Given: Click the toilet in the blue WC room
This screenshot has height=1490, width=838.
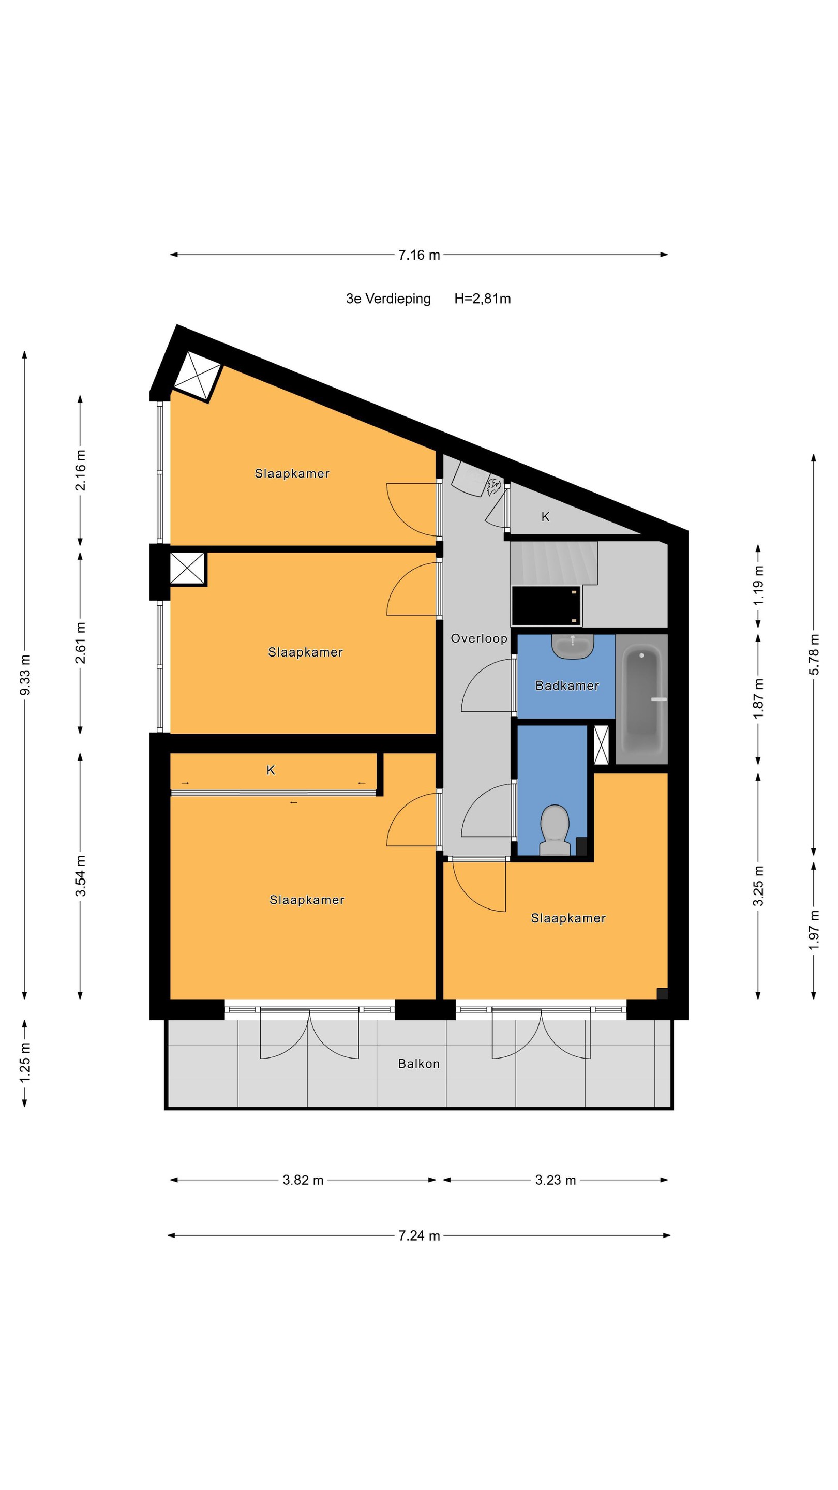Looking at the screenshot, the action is pyautogui.click(x=555, y=830).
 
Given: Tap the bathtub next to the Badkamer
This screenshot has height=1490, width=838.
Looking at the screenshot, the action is pyautogui.click(x=641, y=699).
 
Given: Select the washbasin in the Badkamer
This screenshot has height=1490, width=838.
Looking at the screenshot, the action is pyautogui.click(x=573, y=646).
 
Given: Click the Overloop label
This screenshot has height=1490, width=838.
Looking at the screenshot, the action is pyautogui.click(x=479, y=638).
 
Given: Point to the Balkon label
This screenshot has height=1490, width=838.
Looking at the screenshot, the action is pyautogui.click(x=418, y=1064).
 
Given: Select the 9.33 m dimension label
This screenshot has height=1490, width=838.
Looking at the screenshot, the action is pyautogui.click(x=25, y=676).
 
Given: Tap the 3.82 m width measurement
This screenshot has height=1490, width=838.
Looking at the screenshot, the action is pyautogui.click(x=303, y=1180).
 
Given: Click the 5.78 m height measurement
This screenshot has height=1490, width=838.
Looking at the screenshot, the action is pyautogui.click(x=814, y=654).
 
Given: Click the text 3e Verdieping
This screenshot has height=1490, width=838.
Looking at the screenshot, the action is pyautogui.click(x=388, y=299).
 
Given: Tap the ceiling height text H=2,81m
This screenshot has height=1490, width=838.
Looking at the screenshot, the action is pyautogui.click(x=482, y=299).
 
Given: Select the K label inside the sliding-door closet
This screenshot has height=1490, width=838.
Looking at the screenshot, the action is pyautogui.click(x=271, y=770).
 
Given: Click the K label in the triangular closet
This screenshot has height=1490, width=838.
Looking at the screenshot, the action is pyautogui.click(x=545, y=517).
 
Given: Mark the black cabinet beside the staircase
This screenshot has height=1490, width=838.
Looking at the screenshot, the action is pyautogui.click(x=546, y=606).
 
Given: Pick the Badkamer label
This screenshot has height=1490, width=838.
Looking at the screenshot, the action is pyautogui.click(x=567, y=686).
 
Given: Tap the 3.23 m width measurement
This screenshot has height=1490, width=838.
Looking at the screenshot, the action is pyautogui.click(x=555, y=1180).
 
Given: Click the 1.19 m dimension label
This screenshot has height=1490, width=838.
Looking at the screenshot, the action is pyautogui.click(x=758, y=585).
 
